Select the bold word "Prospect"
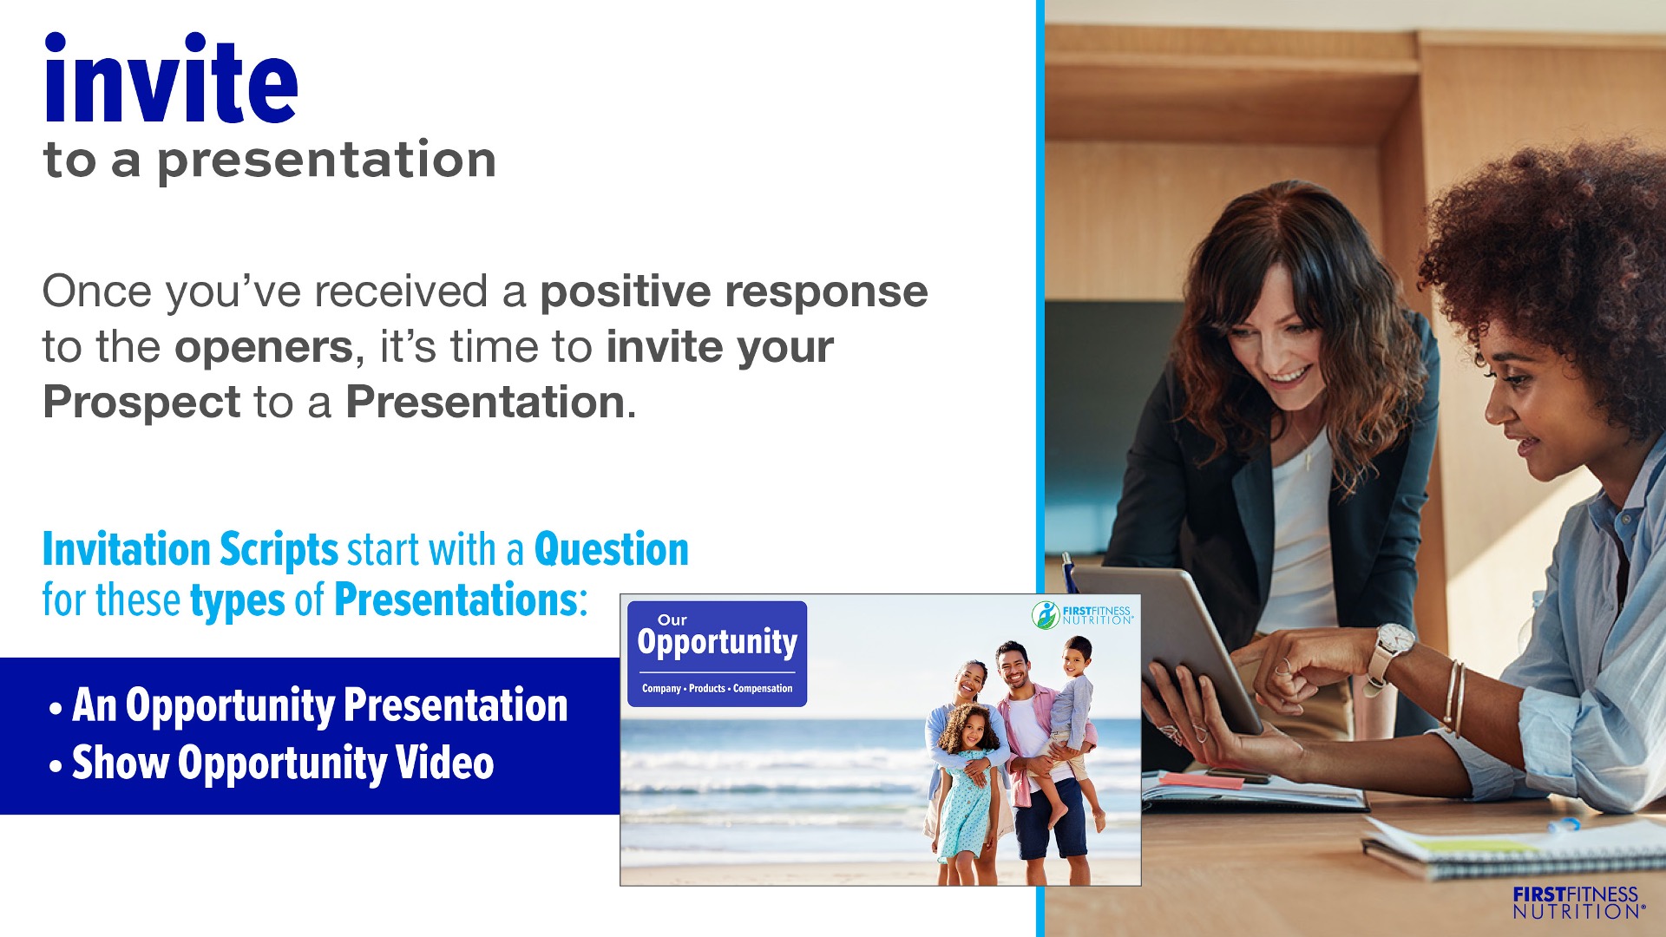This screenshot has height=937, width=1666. pyautogui.click(x=141, y=403)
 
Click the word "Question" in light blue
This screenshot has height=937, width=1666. pyautogui.click(x=612, y=550)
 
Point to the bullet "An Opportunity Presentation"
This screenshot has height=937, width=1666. pyautogui.click(x=309, y=705)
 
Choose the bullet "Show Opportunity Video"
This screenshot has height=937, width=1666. pyautogui.click(x=272, y=763)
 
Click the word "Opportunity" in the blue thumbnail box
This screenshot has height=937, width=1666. pyautogui.click(x=718, y=642)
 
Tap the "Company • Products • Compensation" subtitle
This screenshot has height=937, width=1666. pyautogui.click(x=718, y=688)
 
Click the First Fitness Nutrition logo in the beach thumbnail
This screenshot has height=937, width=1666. pyautogui.click(x=1083, y=614)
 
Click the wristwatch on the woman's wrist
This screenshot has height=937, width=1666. pyautogui.click(x=1391, y=648)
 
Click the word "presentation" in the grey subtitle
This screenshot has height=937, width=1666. pyautogui.click(x=326, y=161)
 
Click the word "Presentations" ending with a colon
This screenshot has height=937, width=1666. pyautogui.click(x=461, y=600)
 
